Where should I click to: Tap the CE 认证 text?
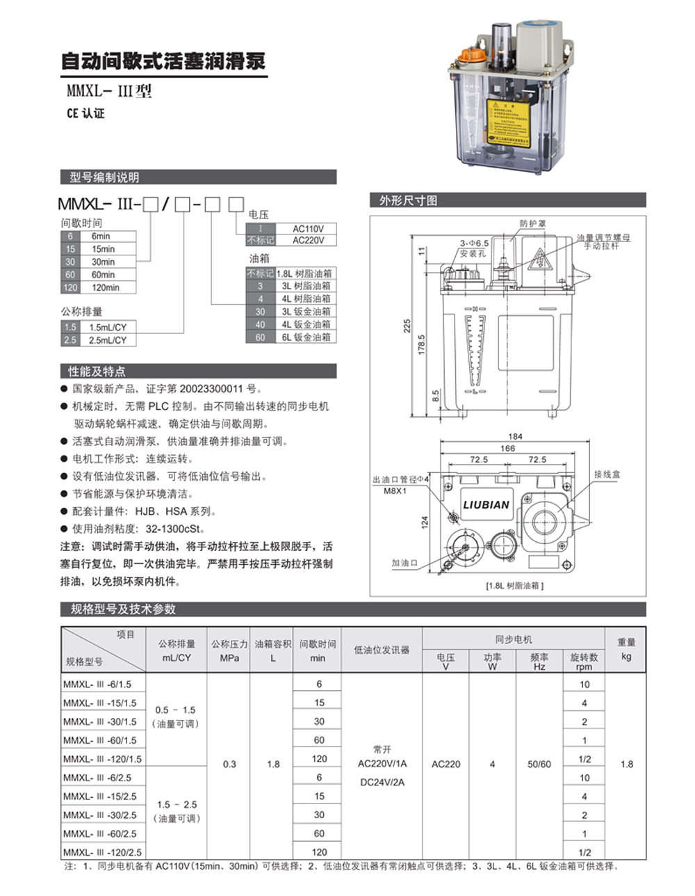click(x=85, y=113)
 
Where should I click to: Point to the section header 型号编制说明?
click(x=104, y=177)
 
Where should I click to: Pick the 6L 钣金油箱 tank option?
click(x=306, y=337)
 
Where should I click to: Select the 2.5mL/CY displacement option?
click(x=108, y=340)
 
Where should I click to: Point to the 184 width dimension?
click(x=515, y=437)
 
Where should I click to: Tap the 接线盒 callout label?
click(x=607, y=474)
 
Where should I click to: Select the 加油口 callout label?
click(x=404, y=563)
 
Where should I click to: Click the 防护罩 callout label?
click(x=533, y=224)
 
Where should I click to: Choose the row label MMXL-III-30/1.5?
click(x=99, y=721)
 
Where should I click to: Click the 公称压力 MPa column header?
click(x=229, y=650)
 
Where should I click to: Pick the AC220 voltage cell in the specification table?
click(x=445, y=764)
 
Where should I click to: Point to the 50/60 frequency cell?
click(x=539, y=764)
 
